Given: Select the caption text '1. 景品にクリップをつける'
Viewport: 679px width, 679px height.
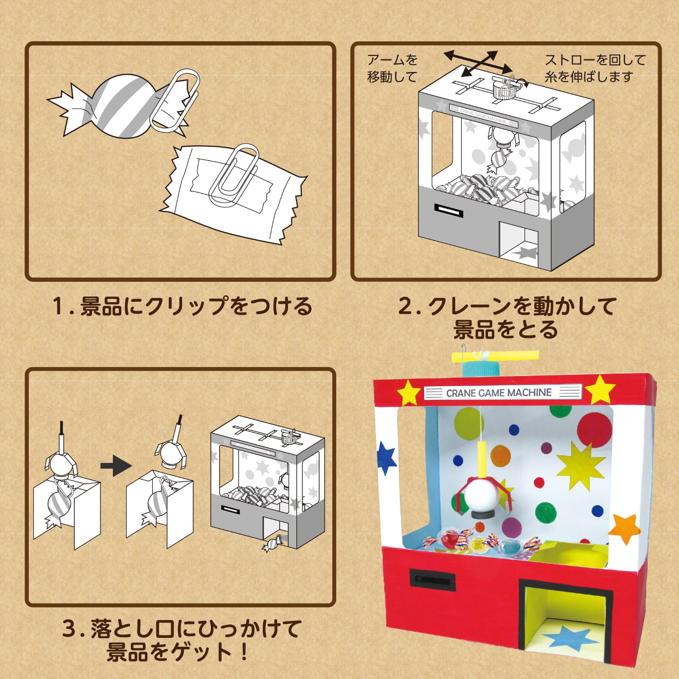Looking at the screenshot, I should (x=182, y=306).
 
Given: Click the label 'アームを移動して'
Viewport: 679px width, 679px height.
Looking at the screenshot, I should (x=392, y=68).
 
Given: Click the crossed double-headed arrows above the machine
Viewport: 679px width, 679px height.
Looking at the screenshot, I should (x=478, y=64).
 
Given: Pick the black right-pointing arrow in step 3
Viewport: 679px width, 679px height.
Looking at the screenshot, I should (x=115, y=466).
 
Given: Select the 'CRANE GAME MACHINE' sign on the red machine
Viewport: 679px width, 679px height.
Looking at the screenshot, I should (x=499, y=393).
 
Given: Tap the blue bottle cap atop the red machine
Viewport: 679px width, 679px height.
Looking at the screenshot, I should (x=482, y=367).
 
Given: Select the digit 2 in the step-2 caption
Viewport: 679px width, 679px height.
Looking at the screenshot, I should (x=405, y=306).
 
